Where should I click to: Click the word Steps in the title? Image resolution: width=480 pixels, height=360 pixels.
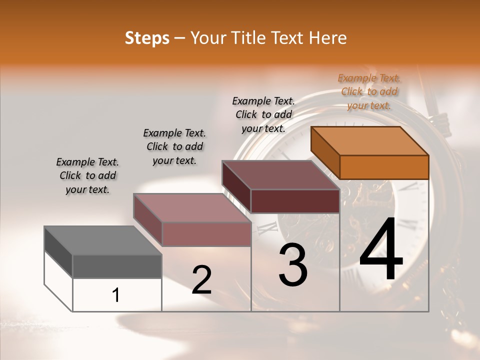147,38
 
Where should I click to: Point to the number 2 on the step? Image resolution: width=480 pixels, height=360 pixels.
201,280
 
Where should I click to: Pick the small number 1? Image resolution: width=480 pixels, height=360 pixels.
116,295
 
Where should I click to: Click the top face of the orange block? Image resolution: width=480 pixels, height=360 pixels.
370,141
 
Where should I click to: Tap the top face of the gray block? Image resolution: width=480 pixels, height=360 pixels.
102,240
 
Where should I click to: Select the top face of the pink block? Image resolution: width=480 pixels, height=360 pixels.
192,208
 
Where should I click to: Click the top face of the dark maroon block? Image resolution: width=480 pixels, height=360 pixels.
280,175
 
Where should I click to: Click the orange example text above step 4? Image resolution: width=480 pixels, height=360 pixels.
369,91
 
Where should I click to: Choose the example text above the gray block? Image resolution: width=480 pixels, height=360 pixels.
87,175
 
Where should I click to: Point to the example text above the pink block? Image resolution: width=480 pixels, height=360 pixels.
174,146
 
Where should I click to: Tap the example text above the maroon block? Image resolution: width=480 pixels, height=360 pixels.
263,114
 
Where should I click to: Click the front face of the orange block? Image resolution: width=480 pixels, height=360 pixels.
384,167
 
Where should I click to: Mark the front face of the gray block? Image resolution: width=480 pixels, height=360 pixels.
117,266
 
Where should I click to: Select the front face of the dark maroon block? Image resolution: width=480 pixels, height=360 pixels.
295,201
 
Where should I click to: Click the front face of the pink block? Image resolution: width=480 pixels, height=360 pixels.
206,234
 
